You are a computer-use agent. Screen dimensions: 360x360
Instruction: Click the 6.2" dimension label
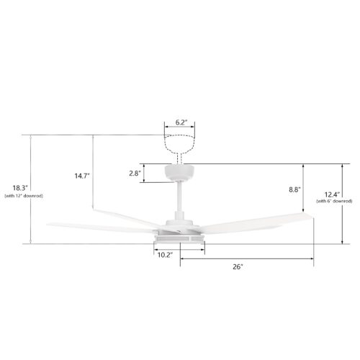181,122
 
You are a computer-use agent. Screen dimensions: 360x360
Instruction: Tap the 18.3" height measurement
20,187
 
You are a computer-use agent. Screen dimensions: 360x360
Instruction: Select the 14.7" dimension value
82,176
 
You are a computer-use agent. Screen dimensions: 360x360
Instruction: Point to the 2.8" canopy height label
134,174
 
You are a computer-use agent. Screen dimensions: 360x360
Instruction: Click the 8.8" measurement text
294,189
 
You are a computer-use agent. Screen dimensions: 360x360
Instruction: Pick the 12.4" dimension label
333,194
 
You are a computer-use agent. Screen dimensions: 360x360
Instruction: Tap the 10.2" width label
165,255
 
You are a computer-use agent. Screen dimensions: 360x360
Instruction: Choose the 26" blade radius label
238,266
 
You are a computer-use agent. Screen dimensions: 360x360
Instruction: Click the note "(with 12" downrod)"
24,196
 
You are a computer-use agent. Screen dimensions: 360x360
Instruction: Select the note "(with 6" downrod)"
334,201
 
